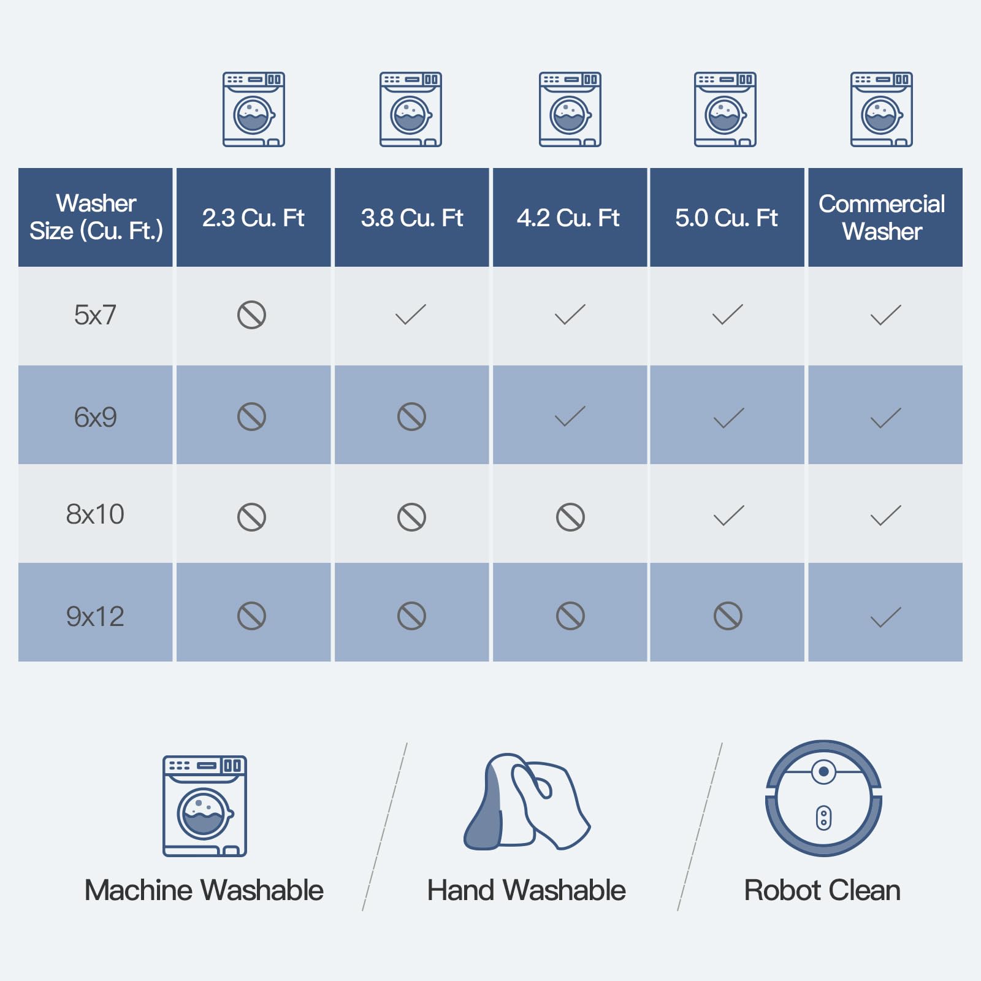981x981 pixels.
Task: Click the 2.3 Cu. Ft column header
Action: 253,218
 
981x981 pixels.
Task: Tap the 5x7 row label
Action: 95,315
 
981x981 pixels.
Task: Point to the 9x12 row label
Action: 95,616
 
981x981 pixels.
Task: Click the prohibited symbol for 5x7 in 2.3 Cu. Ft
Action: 251,315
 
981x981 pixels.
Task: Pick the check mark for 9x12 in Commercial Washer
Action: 886,617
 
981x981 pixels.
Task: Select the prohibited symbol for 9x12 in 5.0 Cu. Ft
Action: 728,616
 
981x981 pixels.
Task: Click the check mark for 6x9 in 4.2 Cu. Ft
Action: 570,416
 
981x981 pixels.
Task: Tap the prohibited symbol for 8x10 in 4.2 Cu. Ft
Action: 570,517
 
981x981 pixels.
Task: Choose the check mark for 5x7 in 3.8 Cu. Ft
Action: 410,315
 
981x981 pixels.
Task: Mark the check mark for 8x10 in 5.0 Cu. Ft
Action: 728,516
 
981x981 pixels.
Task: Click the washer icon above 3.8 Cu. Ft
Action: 411,110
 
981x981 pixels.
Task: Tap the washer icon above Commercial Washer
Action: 882,110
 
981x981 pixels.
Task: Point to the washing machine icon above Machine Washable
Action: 205,806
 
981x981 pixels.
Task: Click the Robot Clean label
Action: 822,890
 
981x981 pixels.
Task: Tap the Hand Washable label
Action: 527,890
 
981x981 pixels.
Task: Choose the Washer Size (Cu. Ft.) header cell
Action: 96,217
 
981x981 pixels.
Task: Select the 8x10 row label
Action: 95,514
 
